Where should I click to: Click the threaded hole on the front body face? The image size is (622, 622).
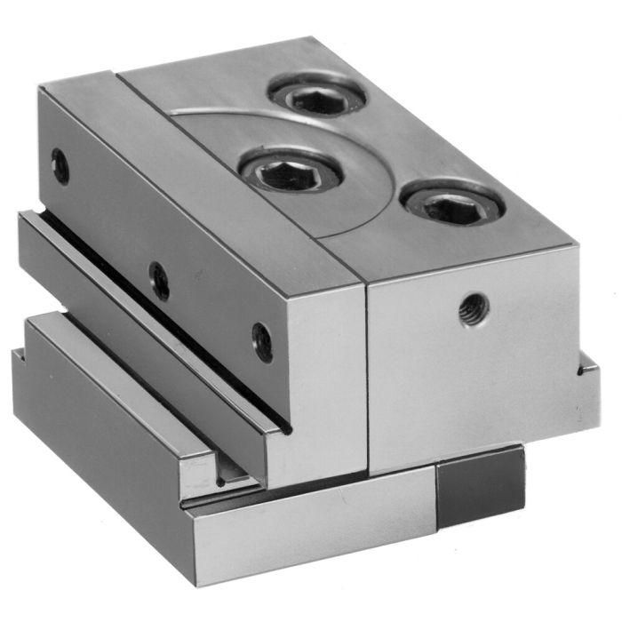tap(472, 310)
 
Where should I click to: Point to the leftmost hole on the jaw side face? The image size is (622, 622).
tap(60, 166)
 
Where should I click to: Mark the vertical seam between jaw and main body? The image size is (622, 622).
tap(366, 373)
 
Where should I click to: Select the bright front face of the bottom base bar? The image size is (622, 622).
tap(311, 533)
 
